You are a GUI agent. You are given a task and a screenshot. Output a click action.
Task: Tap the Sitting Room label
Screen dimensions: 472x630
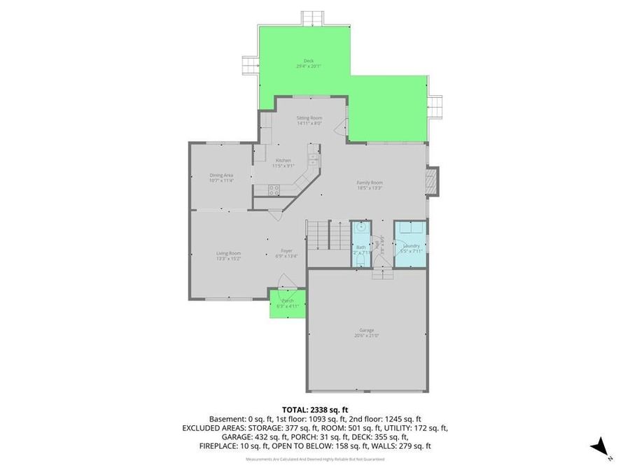[x=309, y=117]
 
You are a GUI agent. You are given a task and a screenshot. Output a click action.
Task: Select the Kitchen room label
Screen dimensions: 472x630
[x=283, y=160]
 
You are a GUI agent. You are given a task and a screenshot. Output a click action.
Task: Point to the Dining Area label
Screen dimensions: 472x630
[x=221, y=175]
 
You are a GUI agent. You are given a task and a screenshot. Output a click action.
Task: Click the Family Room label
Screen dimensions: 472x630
[x=370, y=183]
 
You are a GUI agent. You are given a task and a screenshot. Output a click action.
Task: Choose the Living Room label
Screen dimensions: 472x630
[x=228, y=253]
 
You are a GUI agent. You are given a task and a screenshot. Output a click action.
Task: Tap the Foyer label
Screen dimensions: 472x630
[x=286, y=250]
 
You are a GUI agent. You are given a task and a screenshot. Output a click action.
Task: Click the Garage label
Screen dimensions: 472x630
[x=367, y=330]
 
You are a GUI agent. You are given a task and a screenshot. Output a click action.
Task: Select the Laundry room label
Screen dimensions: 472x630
[x=411, y=245]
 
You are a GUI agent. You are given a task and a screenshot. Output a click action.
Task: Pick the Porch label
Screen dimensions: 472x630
[x=288, y=301]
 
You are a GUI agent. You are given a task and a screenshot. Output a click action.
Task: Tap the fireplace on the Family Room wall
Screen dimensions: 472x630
[x=433, y=180]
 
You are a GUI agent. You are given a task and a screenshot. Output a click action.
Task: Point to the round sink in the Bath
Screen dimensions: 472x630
[x=360, y=228]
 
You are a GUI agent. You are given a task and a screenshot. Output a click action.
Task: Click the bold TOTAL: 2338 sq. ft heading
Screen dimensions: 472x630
[x=315, y=409]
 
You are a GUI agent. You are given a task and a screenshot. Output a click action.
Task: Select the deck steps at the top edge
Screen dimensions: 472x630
[x=314, y=17]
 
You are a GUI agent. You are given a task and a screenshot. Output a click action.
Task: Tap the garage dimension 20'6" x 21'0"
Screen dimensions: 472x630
[x=367, y=336]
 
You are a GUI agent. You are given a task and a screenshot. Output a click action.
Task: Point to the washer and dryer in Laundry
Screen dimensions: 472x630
[x=409, y=229]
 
